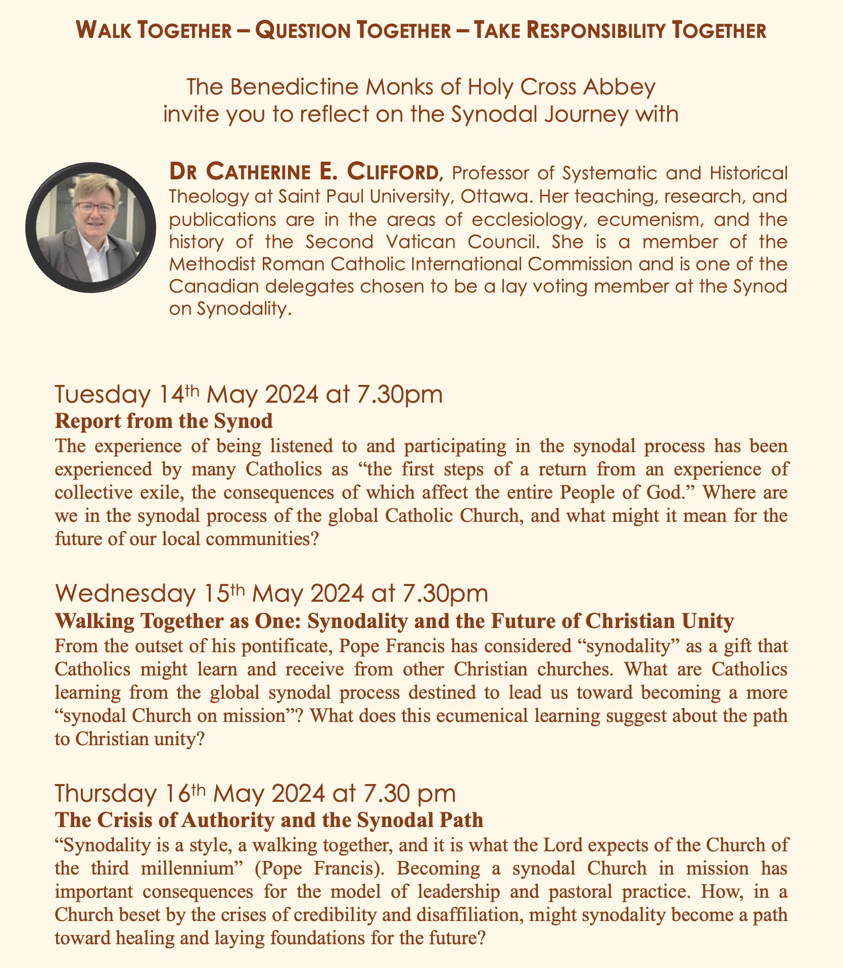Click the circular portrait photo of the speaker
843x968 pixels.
(x=90, y=227)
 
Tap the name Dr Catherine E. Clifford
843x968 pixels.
(x=306, y=173)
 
